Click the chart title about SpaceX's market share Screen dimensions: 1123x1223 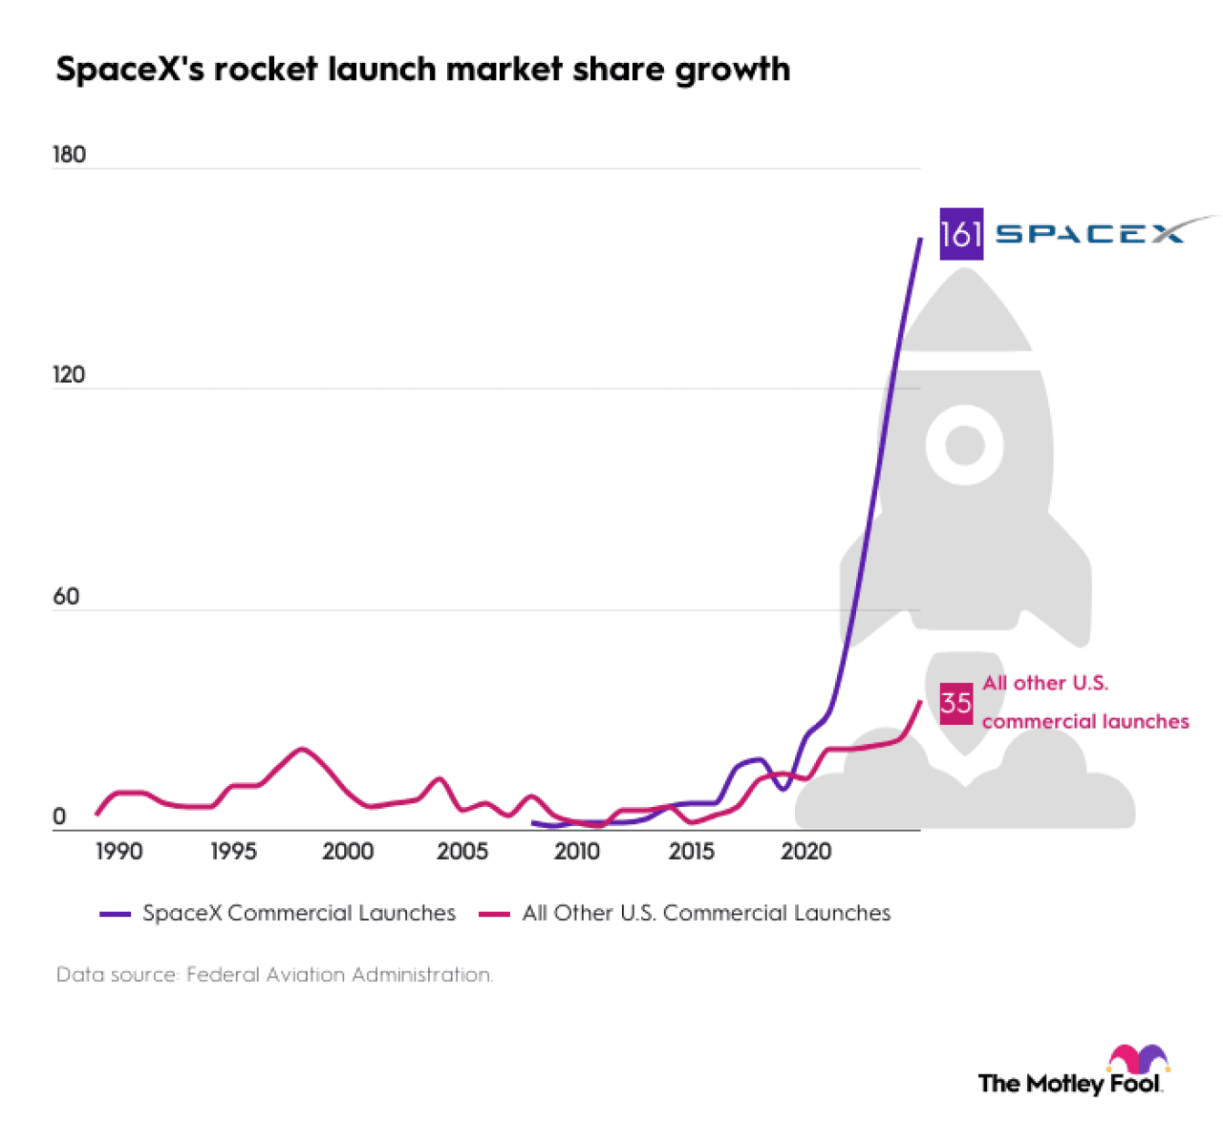422,70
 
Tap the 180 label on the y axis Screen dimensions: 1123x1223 69,155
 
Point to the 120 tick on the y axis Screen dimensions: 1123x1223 69,374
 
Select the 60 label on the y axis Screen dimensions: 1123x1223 66,597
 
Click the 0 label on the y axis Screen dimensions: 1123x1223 59,816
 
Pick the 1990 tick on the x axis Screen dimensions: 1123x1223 118,851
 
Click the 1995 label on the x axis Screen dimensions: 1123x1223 233,851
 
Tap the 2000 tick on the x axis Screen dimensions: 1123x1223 348,851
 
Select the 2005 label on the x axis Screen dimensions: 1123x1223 462,851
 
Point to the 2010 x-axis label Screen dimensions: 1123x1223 577,851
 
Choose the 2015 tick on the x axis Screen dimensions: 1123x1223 692,851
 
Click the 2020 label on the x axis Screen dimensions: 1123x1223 806,851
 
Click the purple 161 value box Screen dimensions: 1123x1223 960,234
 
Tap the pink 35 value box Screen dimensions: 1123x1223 955,704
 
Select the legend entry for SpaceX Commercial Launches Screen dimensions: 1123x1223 278,913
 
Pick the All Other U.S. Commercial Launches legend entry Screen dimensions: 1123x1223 685,913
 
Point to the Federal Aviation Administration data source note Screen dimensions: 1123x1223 274,975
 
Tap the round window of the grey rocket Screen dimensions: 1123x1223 965,445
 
